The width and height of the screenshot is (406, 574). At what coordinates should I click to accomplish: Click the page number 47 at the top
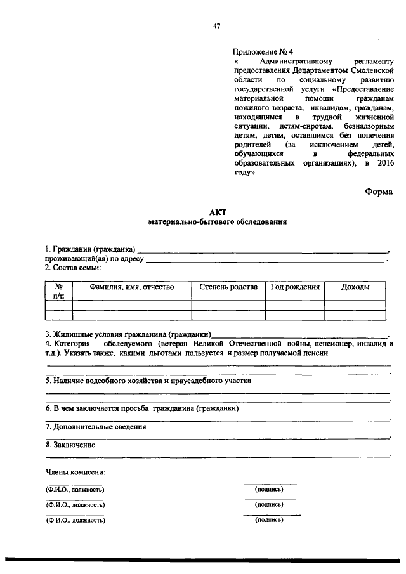pyautogui.click(x=217, y=26)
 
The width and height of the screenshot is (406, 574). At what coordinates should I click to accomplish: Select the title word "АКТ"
pyautogui.click(x=217, y=212)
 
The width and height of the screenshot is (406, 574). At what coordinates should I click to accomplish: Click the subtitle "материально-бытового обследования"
pyautogui.click(x=217, y=223)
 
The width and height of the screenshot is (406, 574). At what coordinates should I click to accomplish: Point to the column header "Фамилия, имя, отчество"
pyautogui.click(x=132, y=287)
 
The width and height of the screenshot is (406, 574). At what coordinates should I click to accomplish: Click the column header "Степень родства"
pyautogui.click(x=228, y=287)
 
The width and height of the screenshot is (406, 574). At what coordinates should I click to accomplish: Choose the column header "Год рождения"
pyautogui.click(x=295, y=287)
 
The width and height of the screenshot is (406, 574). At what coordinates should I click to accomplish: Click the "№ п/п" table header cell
pyautogui.click(x=58, y=291)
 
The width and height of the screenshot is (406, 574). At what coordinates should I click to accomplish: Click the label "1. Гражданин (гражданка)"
pyautogui.click(x=89, y=249)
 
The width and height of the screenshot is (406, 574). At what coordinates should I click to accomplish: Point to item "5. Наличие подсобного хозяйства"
pyautogui.click(x=148, y=381)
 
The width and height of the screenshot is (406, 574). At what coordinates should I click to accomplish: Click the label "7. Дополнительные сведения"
pyautogui.click(x=96, y=427)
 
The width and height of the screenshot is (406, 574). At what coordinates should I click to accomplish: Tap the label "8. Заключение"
pyautogui.click(x=70, y=445)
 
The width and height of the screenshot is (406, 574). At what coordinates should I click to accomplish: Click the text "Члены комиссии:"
pyautogui.click(x=75, y=473)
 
